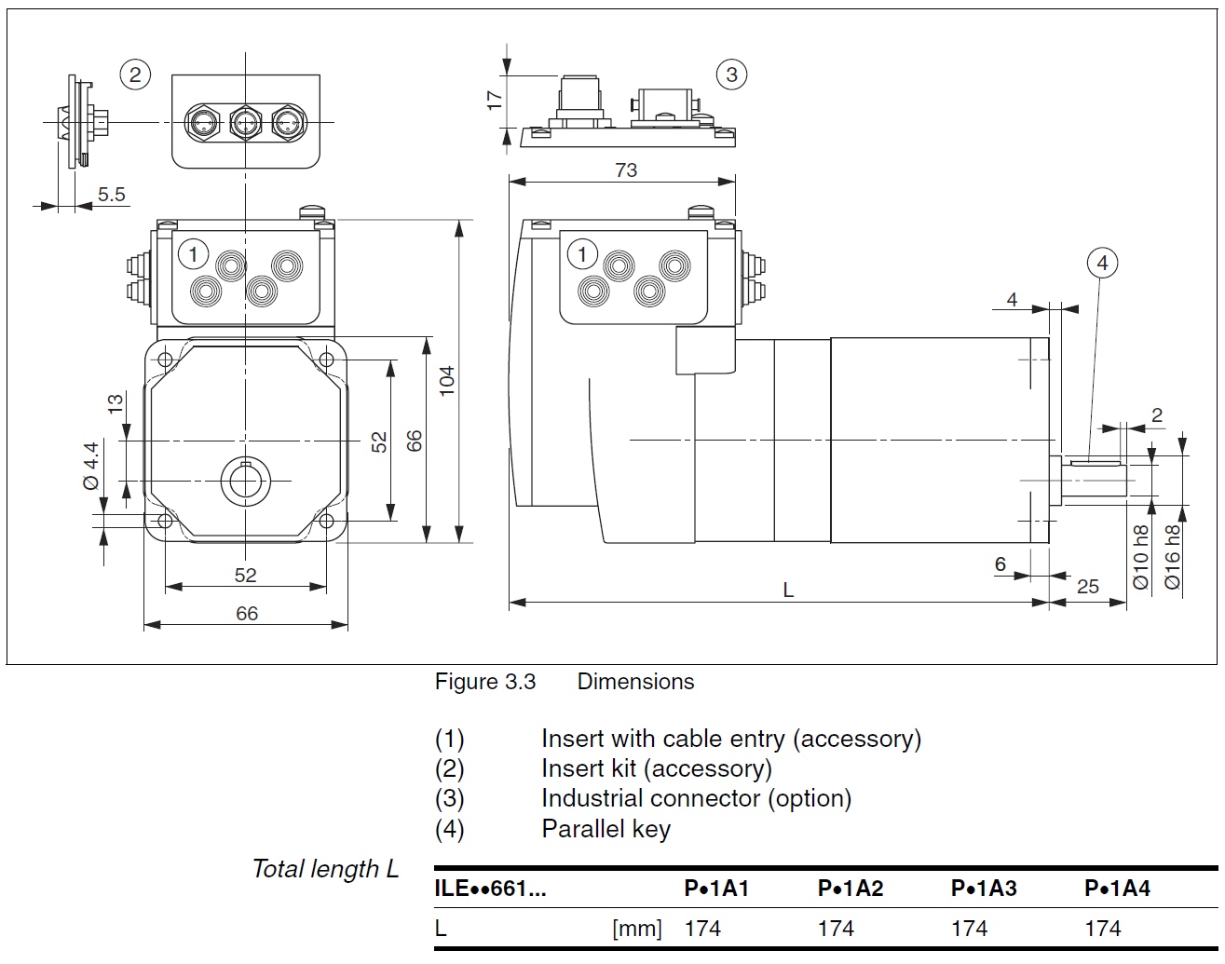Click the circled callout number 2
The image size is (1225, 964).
(x=135, y=75)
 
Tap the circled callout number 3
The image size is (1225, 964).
(x=731, y=75)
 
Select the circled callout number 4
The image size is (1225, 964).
(x=1103, y=263)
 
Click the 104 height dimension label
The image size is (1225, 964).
(x=447, y=381)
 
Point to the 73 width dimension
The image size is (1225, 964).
(x=626, y=170)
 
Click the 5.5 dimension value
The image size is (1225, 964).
(x=111, y=194)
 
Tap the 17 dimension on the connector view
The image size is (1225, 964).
(x=495, y=101)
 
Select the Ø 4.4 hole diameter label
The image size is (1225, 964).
(x=91, y=466)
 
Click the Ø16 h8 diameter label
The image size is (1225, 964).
(x=1172, y=557)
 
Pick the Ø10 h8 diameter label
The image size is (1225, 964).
(x=1140, y=557)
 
